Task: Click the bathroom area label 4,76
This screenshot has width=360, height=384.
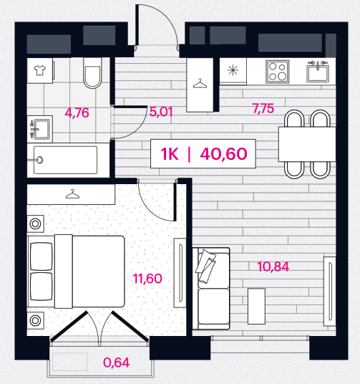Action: point(77,113)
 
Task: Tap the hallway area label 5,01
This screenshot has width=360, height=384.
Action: point(161,112)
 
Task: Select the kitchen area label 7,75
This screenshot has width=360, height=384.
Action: point(263,108)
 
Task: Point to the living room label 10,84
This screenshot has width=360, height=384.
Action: point(273,267)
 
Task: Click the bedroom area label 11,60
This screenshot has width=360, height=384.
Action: point(147,279)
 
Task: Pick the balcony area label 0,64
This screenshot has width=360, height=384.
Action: point(116,363)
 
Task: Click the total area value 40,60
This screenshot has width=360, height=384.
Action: point(223,154)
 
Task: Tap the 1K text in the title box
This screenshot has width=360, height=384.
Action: point(170,154)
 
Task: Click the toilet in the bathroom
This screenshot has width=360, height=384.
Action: point(92,73)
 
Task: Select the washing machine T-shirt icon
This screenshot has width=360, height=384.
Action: point(39,70)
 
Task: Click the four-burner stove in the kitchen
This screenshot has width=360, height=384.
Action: point(278,72)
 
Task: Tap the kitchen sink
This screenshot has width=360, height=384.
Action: point(318,72)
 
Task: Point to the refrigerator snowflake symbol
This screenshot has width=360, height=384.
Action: point(233,70)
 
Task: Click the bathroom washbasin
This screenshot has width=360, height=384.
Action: point(39,129)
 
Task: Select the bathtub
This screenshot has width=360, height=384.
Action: point(65,160)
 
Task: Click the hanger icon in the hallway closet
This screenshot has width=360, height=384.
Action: point(200,84)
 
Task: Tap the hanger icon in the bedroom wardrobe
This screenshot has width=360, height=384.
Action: point(72,194)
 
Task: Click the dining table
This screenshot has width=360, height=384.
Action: point(307,144)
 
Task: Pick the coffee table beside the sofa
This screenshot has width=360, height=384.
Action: point(256,306)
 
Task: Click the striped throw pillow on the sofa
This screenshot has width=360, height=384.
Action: point(205,266)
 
